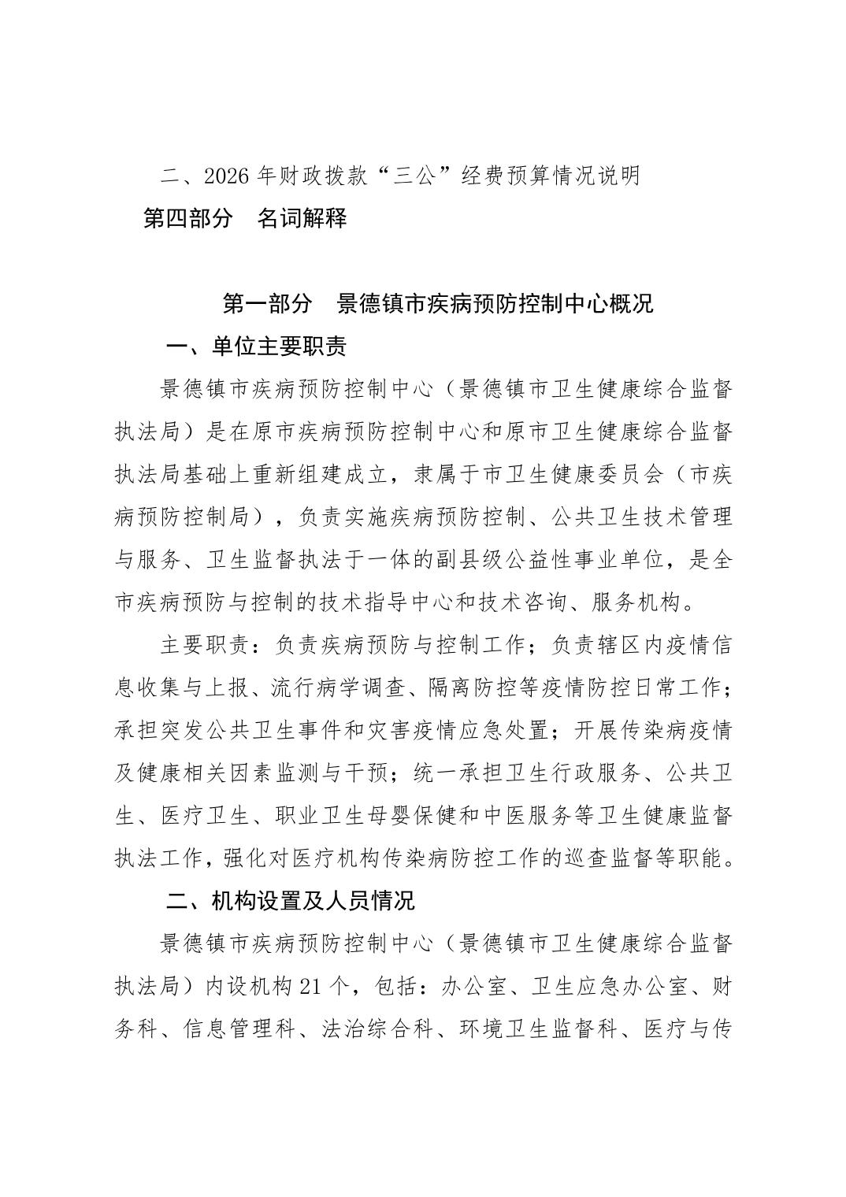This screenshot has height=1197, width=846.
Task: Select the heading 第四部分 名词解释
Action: [x=244, y=218]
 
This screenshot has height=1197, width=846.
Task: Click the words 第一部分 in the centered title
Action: [x=268, y=304]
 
